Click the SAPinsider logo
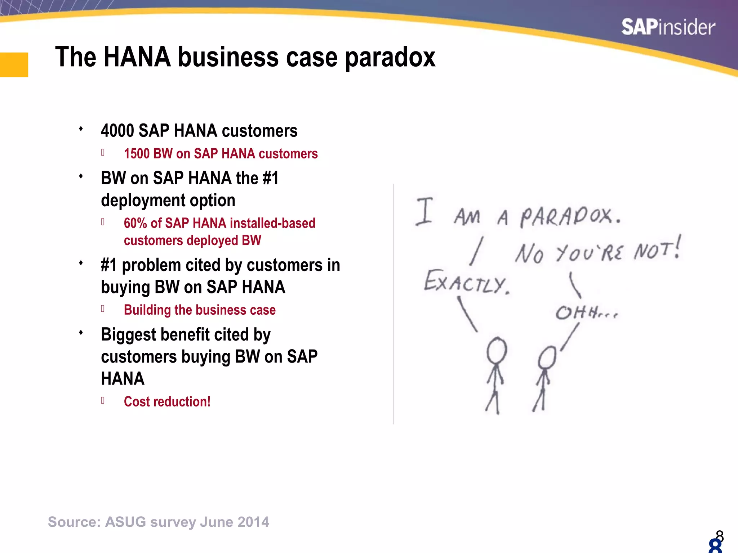[x=668, y=27]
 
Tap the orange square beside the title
[x=14, y=65]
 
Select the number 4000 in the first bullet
[x=117, y=131]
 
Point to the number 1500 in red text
[x=137, y=154]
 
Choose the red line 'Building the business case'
[x=200, y=310]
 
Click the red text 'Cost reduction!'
[x=167, y=401]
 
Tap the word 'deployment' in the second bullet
[x=143, y=201]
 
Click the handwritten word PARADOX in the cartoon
[x=570, y=217]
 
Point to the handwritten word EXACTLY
[x=466, y=282]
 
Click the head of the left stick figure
[x=497, y=350]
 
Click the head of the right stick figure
[x=547, y=357]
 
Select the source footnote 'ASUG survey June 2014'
[x=159, y=522]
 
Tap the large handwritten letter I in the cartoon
[x=424, y=211]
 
